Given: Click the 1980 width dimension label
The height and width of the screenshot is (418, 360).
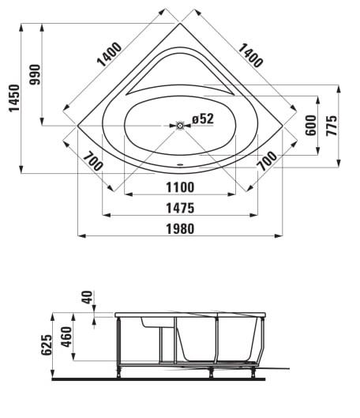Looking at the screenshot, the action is coord(180,228).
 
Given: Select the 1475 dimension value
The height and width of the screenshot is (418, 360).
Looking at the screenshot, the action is coord(180,208).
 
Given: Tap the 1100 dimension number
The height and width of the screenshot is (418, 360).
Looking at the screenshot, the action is coord(180,187).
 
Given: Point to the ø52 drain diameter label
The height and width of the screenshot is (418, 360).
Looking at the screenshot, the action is coord(203,119).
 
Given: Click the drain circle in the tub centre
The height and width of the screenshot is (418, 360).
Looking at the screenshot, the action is coord(180,126).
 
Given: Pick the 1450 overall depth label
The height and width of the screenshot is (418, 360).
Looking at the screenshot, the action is coord(14,98).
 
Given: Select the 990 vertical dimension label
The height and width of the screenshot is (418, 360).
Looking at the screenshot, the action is coord(36,74).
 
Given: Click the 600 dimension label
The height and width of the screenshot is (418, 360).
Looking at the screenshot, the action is coord(311,126).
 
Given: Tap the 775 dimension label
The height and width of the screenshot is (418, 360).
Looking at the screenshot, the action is coord(332,126).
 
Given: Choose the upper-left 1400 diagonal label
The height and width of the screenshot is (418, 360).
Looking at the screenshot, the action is coord(110,54).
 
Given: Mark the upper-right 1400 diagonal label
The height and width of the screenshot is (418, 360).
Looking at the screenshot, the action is coord(250,55).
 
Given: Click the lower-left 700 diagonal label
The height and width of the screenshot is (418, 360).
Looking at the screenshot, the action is coord(92,161).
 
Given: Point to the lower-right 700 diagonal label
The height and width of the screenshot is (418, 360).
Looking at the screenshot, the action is coord(267,161).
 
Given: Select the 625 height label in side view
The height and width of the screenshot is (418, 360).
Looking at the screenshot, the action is coord(47,345).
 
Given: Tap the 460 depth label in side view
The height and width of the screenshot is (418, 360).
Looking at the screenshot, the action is coord(66,337).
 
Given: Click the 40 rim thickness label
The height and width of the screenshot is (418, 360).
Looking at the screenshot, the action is coord(87,297).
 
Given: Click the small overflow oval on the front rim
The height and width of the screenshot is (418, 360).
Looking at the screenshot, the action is coord(180,164).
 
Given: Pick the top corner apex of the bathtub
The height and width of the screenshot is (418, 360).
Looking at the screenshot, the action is coord(180,24).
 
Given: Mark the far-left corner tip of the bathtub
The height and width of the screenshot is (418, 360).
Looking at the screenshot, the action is coord(77,126).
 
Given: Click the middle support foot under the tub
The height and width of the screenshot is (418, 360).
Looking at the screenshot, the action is coord(211,372).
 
